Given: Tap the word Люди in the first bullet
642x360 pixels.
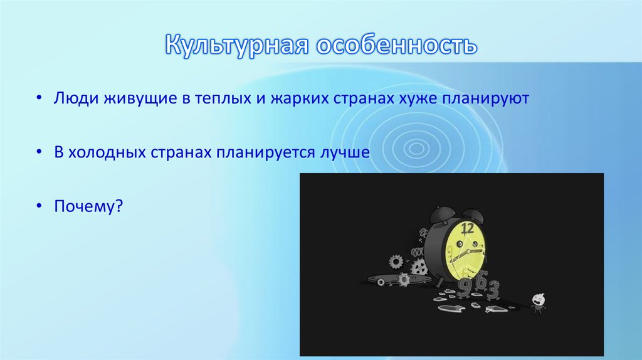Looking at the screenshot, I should pos(73,98).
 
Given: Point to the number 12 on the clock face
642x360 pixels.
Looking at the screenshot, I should pos(467,228).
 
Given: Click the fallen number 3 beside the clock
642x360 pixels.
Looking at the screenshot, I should pos(493,290).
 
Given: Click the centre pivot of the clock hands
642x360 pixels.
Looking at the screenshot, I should pos(466,251).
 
